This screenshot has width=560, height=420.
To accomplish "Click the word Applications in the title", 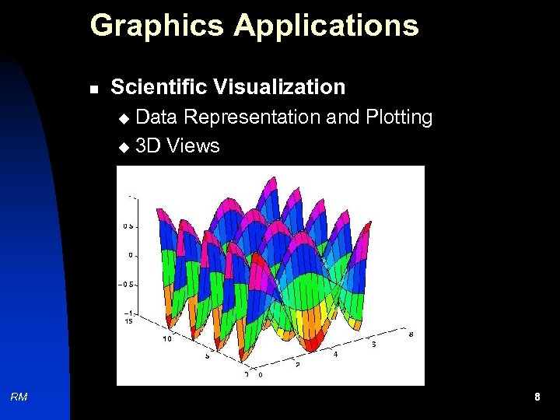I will [x=326, y=26].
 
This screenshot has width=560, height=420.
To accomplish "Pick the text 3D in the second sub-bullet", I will [x=145, y=145].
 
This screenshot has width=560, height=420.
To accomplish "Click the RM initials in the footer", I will [x=19, y=397].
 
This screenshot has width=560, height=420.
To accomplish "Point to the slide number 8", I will [x=537, y=397].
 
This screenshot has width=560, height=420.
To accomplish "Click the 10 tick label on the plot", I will [x=166, y=339].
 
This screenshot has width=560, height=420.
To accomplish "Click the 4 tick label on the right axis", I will [x=336, y=354].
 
